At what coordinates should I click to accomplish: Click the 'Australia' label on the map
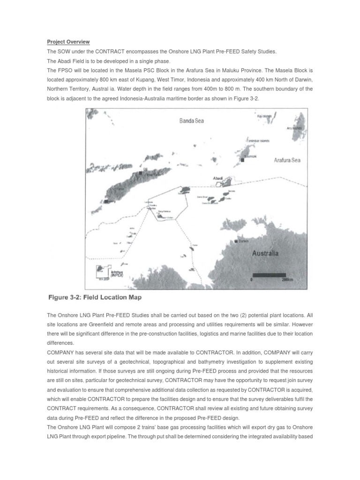[x=265, y=253]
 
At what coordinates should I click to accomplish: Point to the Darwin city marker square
[x=235, y=241]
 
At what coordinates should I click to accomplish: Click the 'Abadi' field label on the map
[x=217, y=178]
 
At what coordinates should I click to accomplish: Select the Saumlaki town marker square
[x=242, y=160]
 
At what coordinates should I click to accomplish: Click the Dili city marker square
[x=141, y=173]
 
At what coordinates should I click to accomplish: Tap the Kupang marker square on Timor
[x=107, y=202]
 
